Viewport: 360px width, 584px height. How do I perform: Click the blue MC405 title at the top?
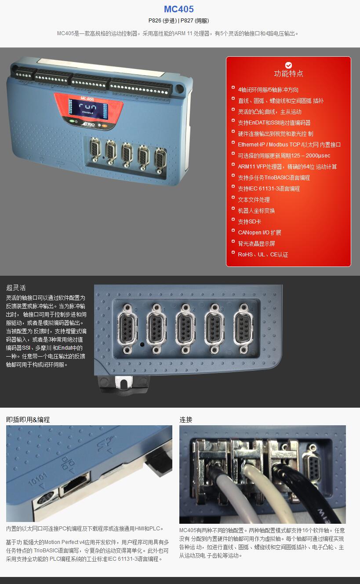(179, 9)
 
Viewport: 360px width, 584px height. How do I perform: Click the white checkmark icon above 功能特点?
(288, 65)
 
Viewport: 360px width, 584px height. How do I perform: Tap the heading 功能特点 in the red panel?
(289, 73)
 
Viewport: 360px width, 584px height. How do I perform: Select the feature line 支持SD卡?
(250, 222)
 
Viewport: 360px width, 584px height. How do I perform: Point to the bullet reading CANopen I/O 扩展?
(259, 233)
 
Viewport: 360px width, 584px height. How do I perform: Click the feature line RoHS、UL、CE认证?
(263, 255)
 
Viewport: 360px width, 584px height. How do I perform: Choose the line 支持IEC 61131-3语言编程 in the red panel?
(269, 189)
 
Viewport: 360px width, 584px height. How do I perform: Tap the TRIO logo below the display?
(87, 124)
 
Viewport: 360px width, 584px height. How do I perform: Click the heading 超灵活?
(16, 288)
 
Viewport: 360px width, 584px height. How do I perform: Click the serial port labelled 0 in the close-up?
(127, 329)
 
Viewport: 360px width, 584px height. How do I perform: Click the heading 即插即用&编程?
(28, 420)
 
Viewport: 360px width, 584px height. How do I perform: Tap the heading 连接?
(186, 420)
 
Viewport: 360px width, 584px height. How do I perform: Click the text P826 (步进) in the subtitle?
(163, 21)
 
